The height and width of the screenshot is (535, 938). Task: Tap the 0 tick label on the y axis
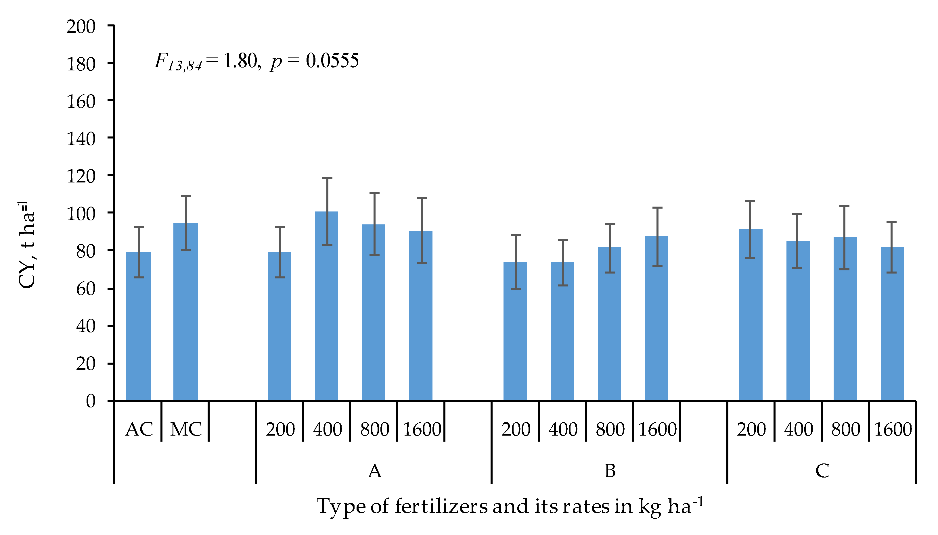tap(91, 401)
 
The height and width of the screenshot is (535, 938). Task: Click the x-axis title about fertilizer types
tap(510, 506)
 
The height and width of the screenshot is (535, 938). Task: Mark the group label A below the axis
tap(374, 471)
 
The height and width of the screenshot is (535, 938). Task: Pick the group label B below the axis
tap(610, 471)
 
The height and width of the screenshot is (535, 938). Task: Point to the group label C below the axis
tap(822, 471)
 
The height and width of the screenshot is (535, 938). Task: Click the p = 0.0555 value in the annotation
tap(314, 61)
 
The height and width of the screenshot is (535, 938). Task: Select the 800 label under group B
tap(610, 430)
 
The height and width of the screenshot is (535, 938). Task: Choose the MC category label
tap(186, 430)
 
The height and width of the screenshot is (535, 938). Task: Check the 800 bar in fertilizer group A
tap(373, 312)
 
